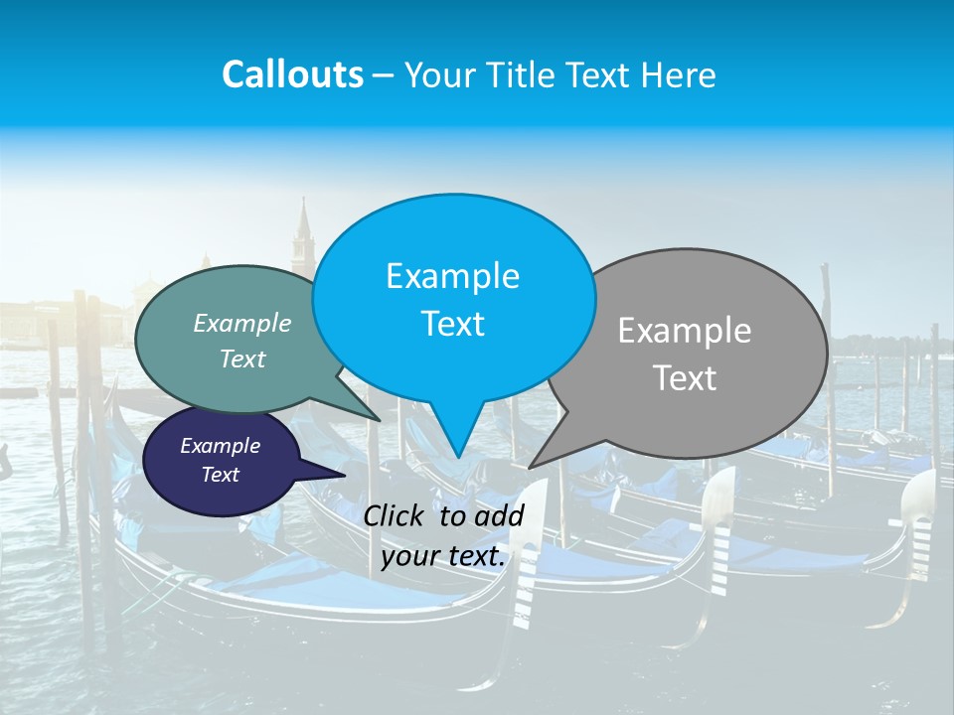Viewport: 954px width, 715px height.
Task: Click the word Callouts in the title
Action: [x=292, y=74]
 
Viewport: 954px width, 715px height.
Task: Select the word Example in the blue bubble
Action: [x=452, y=275]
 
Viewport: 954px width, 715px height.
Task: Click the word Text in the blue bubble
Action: [x=452, y=324]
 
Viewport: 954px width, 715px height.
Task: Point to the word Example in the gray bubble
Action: [x=685, y=331]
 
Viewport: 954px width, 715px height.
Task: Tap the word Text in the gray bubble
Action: [x=685, y=378]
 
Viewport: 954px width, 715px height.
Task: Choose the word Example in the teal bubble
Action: [x=242, y=323]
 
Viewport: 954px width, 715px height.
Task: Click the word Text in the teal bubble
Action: [x=242, y=358]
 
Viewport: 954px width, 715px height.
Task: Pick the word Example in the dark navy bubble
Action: [x=220, y=446]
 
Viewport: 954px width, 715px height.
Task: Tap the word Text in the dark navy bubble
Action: [x=220, y=475]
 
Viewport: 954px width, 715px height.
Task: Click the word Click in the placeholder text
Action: [x=397, y=514]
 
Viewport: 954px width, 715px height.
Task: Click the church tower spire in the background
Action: [x=303, y=220]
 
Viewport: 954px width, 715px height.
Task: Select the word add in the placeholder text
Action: [x=500, y=514]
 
